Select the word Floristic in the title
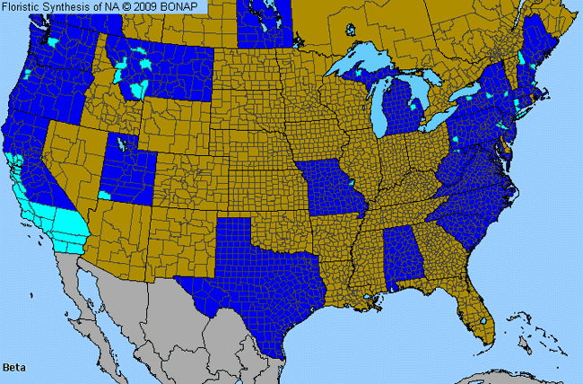(x=27, y=7)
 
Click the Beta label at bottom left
(x=14, y=367)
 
